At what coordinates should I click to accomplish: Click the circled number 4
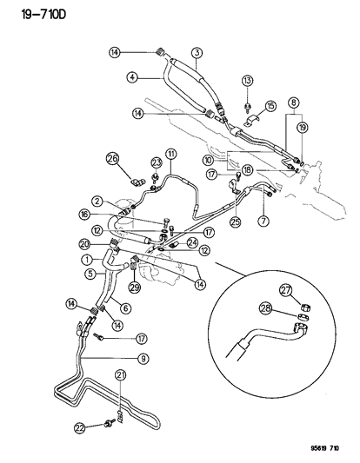134,76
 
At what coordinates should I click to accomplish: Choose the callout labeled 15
270,106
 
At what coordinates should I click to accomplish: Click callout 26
112,159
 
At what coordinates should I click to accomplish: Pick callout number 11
173,155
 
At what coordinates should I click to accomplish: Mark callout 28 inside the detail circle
265,308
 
